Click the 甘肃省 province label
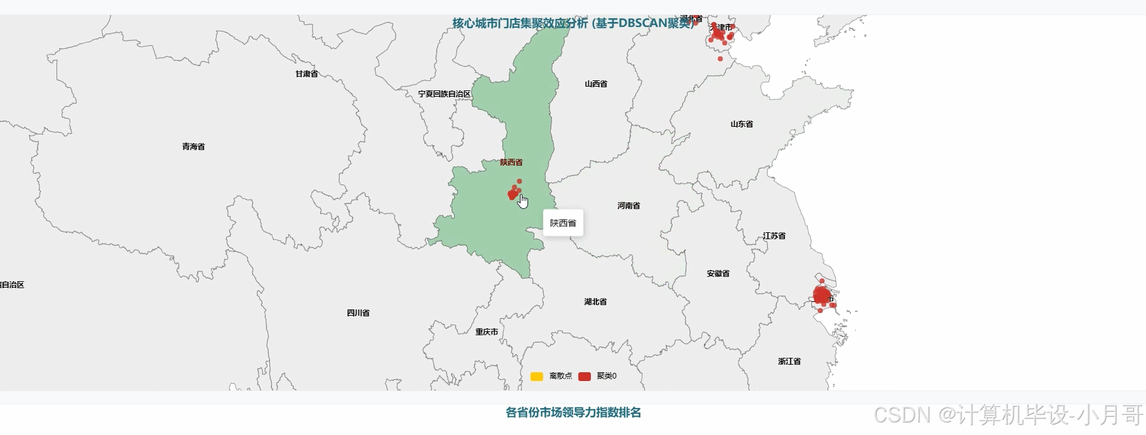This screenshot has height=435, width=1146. (307, 74)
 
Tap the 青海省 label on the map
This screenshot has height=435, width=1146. (193, 147)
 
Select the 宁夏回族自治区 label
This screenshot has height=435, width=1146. (445, 94)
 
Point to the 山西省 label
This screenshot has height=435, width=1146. (596, 84)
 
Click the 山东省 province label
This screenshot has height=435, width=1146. (742, 124)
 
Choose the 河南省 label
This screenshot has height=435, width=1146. (629, 206)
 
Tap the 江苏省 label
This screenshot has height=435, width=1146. (774, 236)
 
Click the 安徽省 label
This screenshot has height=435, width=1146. (718, 274)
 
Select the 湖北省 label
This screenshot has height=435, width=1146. (595, 302)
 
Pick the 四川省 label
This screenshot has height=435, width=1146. (359, 313)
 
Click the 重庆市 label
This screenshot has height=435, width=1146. (487, 332)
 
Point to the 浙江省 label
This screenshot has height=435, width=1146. (789, 362)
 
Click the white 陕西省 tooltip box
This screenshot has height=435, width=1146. (563, 223)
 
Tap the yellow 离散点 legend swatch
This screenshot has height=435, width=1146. (537, 377)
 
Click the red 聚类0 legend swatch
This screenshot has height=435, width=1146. (585, 377)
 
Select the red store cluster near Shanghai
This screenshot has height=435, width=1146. (822, 295)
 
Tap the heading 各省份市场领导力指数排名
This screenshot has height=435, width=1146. (573, 413)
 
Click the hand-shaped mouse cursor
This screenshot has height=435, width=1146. (523, 201)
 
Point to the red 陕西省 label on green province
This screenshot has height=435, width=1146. (511, 163)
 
